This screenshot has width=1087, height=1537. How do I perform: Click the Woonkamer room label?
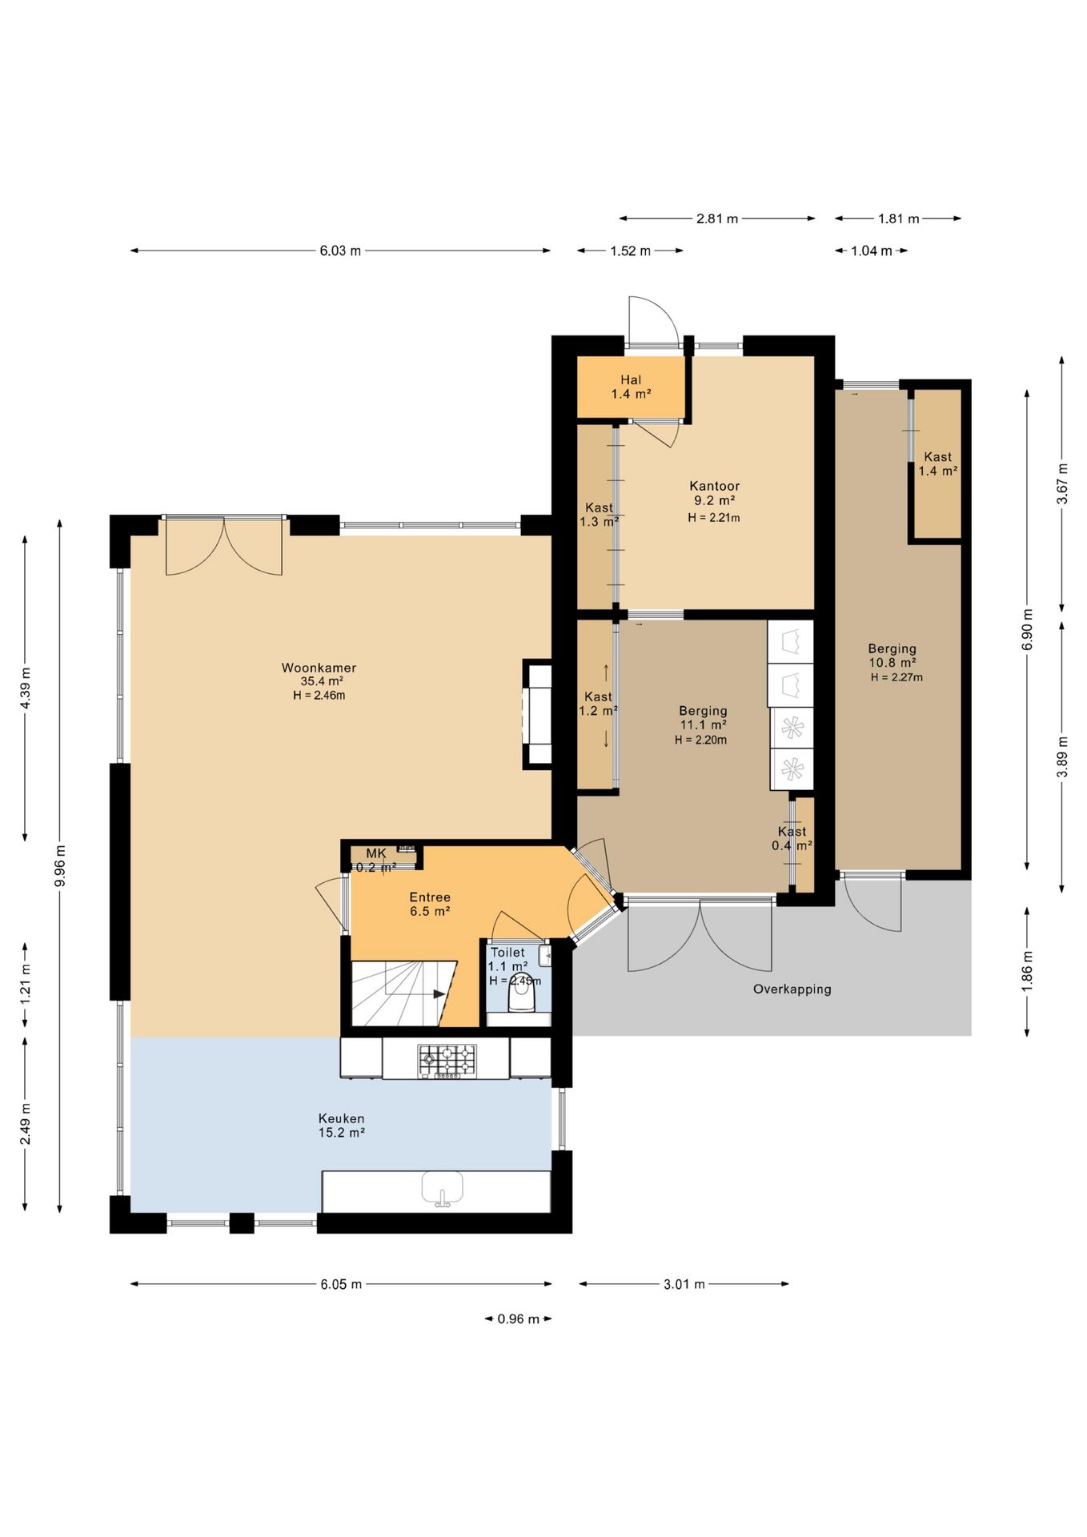point(319,668)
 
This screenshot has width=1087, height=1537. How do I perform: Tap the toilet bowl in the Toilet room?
point(521,995)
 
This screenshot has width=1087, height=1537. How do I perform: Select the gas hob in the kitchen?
point(447,1061)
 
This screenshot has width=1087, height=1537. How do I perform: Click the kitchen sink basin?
point(443,1187)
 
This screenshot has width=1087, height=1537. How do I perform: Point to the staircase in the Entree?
point(403,993)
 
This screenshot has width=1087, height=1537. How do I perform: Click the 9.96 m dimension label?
point(60,865)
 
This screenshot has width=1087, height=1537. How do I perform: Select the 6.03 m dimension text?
point(340,251)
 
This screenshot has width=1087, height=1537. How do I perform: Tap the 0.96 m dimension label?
point(518,1318)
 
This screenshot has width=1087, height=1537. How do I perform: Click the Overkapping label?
point(792,989)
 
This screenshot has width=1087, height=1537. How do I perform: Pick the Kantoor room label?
point(715,486)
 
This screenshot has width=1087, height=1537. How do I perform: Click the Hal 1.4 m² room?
point(631,387)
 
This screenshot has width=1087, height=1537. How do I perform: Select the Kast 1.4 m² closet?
point(937,464)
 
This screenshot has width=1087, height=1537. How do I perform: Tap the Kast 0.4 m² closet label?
point(792,838)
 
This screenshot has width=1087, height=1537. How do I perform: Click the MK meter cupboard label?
point(376,854)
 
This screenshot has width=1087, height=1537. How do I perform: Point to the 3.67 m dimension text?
point(1062,484)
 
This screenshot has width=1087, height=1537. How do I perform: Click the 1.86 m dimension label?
point(1027,971)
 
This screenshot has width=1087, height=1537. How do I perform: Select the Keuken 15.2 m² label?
point(342,1126)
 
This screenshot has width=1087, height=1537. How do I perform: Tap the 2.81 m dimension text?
point(717,219)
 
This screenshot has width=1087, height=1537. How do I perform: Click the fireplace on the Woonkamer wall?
point(538,715)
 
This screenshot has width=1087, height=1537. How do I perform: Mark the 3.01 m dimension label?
point(684,1284)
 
